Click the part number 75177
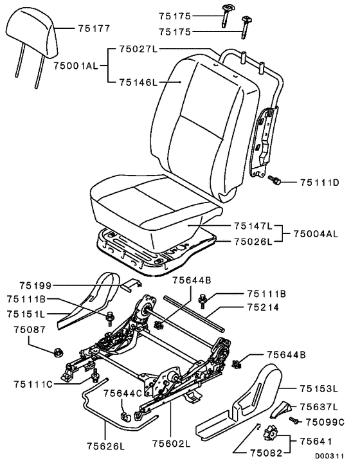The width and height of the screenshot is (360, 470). pos(94,28)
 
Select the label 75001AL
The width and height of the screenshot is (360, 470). pos(76,66)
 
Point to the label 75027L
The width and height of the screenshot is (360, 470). pos(138,49)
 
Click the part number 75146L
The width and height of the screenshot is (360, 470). pos(138,82)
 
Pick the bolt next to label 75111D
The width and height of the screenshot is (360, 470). pos(274,180)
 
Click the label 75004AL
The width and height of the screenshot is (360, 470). pos(316,233)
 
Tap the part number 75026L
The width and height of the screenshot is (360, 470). pos(253,242)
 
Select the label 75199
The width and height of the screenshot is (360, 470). pos(35,285)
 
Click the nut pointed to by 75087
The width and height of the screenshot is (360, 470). pos(57,353)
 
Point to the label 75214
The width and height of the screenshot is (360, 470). pos(263,307)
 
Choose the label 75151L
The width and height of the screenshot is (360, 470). pos(26,314)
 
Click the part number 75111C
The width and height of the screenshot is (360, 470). pos(33,384)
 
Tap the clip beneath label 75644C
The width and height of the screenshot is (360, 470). pos(125,417)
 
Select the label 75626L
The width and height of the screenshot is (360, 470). pos(106,446)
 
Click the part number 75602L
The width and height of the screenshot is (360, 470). pos(171,444)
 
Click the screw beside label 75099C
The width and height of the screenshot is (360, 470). pos(294,420)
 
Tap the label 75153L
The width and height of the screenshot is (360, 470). pos(319,389)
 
